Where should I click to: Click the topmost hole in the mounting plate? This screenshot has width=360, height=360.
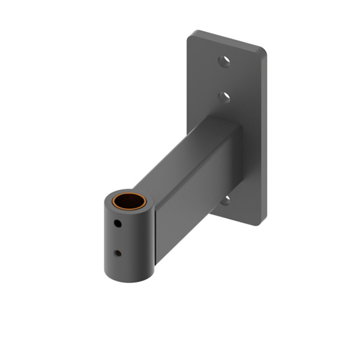pyautogui.click(x=224, y=61)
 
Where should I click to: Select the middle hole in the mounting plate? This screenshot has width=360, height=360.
pyautogui.click(x=224, y=96)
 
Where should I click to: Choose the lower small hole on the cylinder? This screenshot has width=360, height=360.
pyautogui.click(x=118, y=253)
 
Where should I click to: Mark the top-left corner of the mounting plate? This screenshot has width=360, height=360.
pyautogui.click(x=191, y=34)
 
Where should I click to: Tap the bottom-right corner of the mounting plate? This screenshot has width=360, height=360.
pyautogui.click(x=262, y=222)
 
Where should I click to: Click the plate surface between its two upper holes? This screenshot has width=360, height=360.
pyautogui.click(x=224, y=78)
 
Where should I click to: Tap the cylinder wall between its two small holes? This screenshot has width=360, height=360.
pyautogui.click(x=118, y=239)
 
